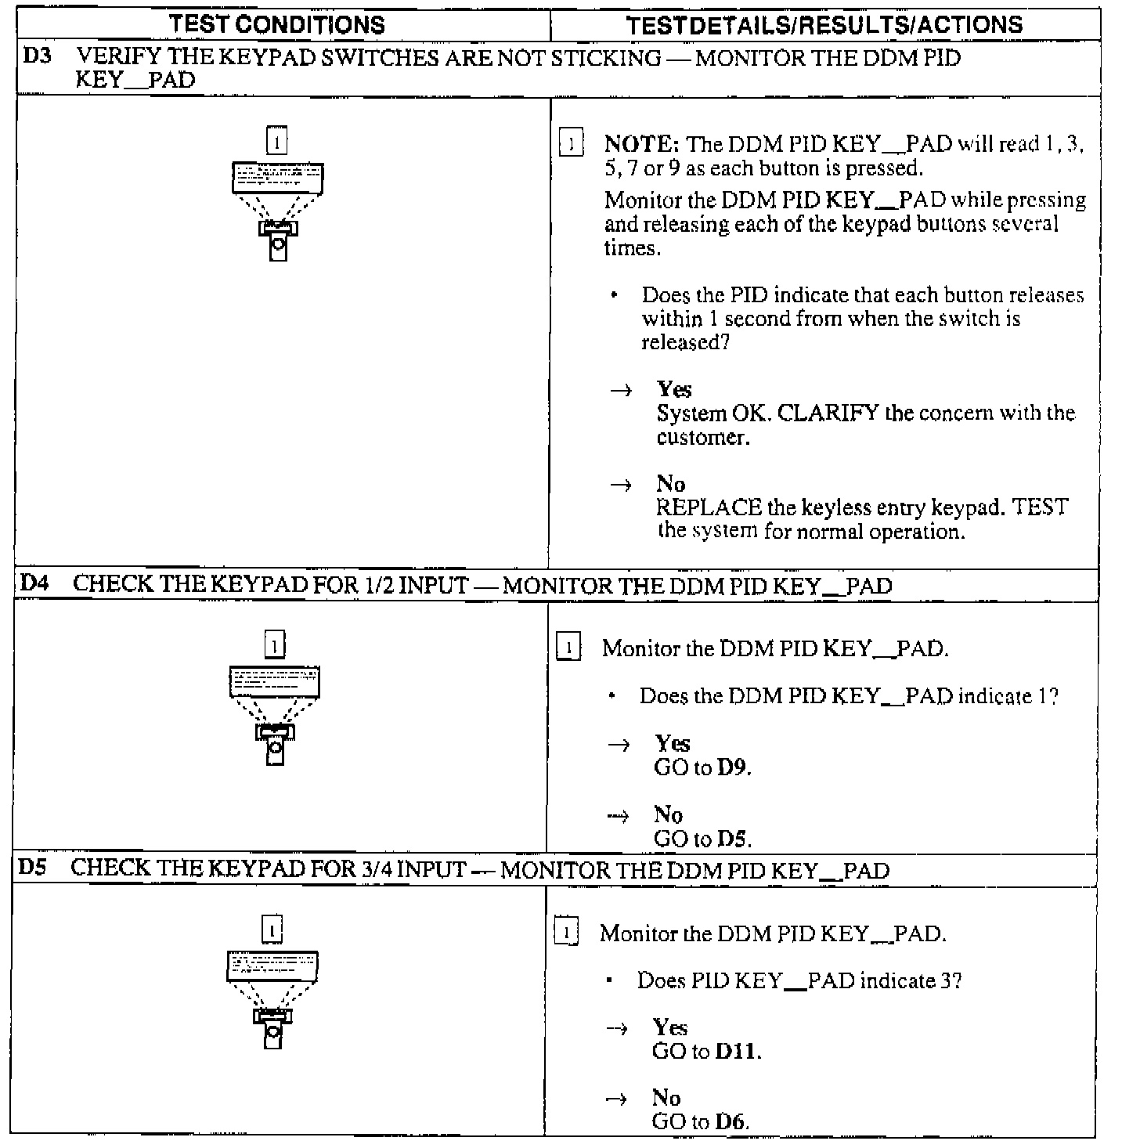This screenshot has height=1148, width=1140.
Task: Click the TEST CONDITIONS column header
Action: (x=277, y=25)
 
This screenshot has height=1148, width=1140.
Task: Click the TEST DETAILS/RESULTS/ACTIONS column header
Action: (x=824, y=25)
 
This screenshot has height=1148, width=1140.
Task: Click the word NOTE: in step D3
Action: (x=641, y=144)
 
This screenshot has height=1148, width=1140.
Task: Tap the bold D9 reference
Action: (x=732, y=767)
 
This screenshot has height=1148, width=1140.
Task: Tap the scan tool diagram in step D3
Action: (x=278, y=210)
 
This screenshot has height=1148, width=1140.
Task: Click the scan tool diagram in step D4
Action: (x=275, y=714)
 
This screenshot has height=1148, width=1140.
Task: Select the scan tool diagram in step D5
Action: (x=272, y=998)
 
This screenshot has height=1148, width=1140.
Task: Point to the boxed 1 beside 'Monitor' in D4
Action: (x=568, y=648)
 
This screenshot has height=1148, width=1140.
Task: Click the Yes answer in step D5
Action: (x=669, y=1027)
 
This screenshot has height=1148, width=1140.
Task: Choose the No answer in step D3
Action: (x=671, y=484)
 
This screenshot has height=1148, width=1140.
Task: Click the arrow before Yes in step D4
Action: (x=619, y=745)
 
